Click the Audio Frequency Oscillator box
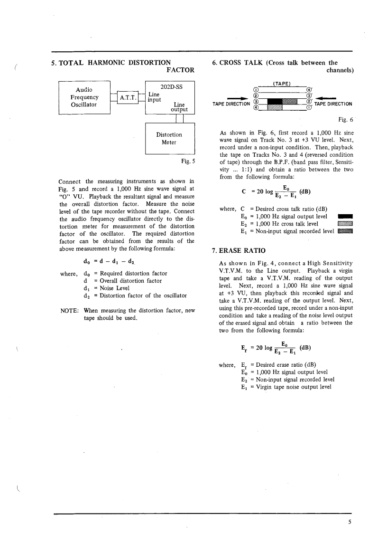coord(84,97)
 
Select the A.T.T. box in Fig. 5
coord(128,98)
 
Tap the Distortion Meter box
coord(169,138)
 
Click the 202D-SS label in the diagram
coord(171,87)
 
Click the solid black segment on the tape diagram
coord(276,101)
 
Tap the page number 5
coord(349,522)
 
